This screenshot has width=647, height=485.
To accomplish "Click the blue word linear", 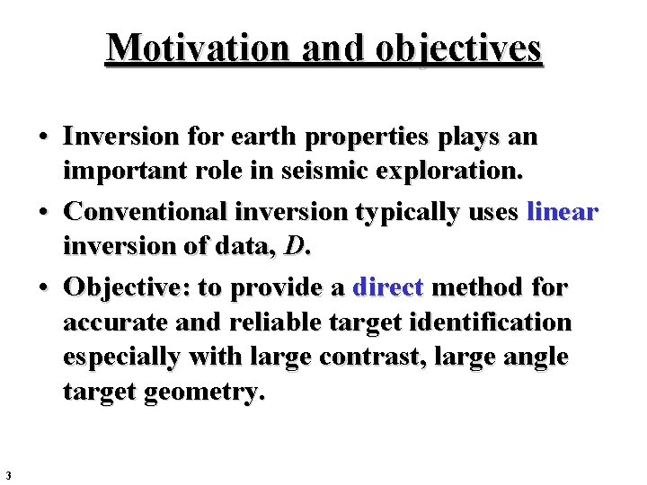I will click(563, 212).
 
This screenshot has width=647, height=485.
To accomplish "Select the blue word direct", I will click(388, 287).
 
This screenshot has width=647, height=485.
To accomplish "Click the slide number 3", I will click(6, 475).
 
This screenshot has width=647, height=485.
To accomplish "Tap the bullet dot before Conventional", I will click(42, 213).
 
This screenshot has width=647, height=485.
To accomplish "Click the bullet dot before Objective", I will click(42, 288).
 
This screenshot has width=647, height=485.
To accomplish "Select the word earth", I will click(264, 137).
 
